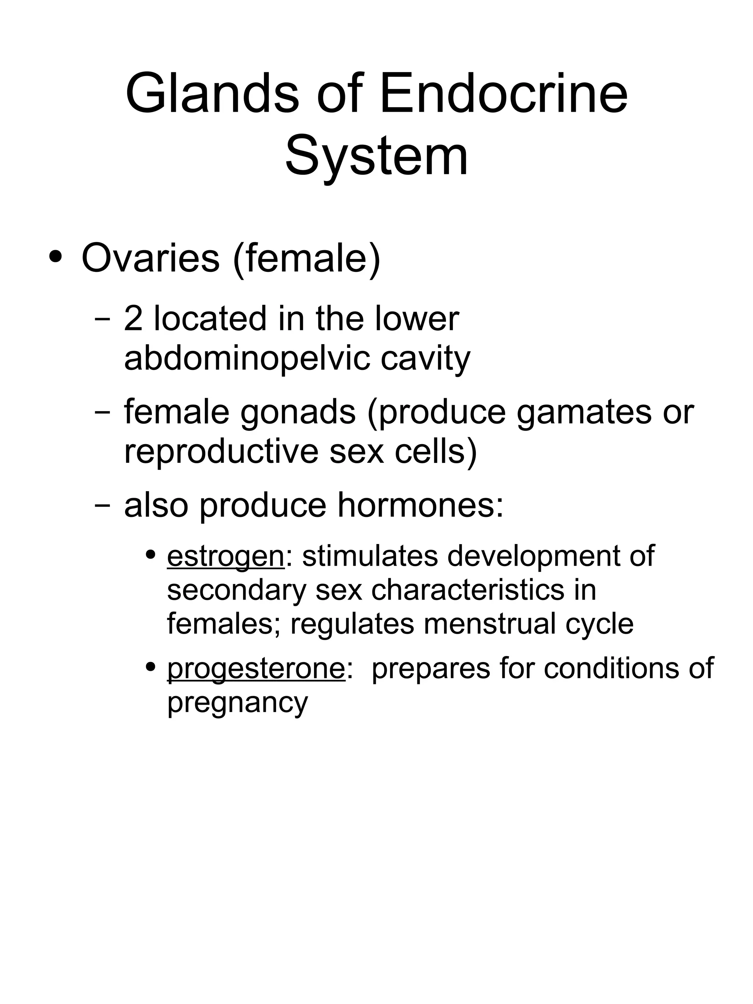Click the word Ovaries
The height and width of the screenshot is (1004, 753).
tap(150, 258)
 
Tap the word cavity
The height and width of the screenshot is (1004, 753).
tap(425, 359)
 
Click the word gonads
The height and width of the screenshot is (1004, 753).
tap(297, 413)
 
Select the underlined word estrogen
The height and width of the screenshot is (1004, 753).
tap(226, 557)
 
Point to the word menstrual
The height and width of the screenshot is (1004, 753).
tap(490, 624)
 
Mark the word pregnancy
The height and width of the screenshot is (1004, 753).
tap(238, 703)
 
